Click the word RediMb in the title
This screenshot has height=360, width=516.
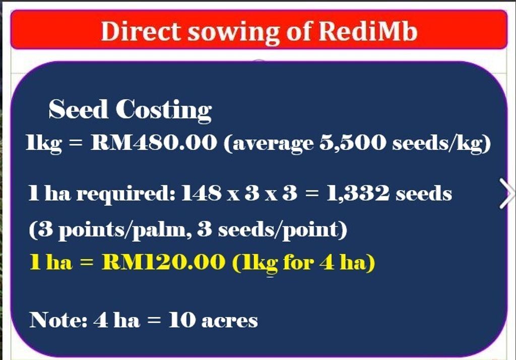coord(368,31)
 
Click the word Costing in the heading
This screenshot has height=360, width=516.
coord(164,110)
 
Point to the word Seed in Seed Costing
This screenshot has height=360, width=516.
coord(78,109)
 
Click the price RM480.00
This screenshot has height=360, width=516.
coord(154,143)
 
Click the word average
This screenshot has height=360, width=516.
coord(269,144)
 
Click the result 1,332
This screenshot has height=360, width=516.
coord(358,193)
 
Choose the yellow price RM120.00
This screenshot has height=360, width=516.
coord(164,262)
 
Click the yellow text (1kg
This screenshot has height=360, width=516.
coord(255,264)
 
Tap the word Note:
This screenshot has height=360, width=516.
coord(58,320)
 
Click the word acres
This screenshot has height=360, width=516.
coord(230,321)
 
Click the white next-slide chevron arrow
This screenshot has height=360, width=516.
coord(507,194)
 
